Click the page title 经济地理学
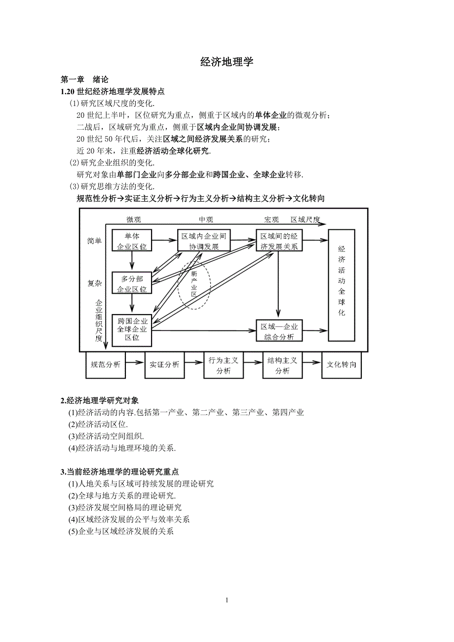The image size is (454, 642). (x=227, y=62)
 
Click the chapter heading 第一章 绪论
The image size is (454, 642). (x=84, y=79)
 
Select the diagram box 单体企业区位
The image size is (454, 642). (x=132, y=241)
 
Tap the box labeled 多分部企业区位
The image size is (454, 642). (x=132, y=284)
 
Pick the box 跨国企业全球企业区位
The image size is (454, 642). (x=132, y=330)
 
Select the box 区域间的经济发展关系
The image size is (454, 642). (x=279, y=241)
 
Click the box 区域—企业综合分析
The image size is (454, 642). (x=279, y=331)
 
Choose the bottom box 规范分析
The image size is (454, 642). (x=106, y=365)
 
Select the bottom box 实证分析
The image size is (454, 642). (x=164, y=365)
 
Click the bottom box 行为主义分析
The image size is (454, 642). (x=224, y=365)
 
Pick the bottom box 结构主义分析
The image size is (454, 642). (x=282, y=365)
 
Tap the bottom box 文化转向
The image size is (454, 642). (x=341, y=365)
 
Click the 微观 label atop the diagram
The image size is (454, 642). (x=133, y=220)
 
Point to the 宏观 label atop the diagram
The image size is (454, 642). (x=272, y=220)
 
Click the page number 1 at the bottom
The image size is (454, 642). (x=227, y=600)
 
